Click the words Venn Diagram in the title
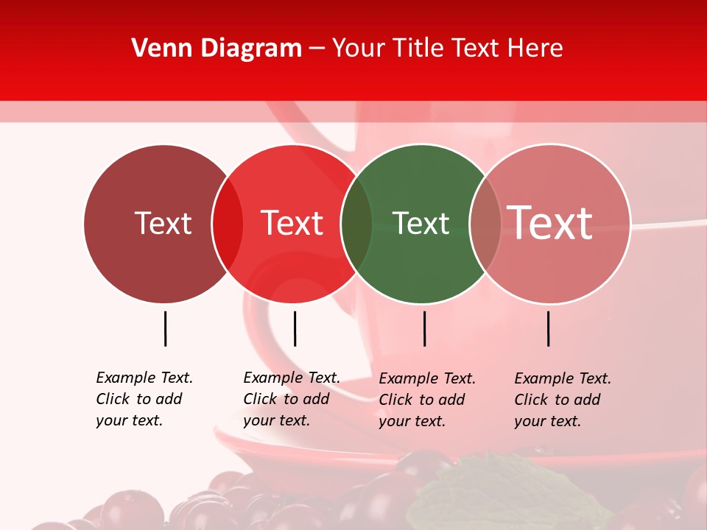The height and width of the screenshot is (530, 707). (x=217, y=49)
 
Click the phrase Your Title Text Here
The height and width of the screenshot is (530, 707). (x=447, y=49)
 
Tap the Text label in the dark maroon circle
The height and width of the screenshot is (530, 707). (x=163, y=223)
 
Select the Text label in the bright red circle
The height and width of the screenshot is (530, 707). (x=292, y=223)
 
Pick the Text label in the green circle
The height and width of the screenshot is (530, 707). (x=421, y=223)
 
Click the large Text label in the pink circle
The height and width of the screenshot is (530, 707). (x=550, y=222)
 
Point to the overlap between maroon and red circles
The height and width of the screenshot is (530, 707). (x=228, y=224)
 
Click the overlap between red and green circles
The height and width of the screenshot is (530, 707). (x=356, y=224)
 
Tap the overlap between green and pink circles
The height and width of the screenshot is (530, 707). (x=485, y=224)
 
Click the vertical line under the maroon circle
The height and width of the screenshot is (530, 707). (x=165, y=328)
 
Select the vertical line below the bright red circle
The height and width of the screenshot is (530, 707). (x=295, y=328)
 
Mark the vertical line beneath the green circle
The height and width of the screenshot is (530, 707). (x=424, y=328)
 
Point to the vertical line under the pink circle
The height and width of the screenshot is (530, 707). (x=548, y=328)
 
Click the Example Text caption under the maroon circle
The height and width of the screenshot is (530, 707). (x=144, y=399)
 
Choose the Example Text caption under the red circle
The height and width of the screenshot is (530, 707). (x=291, y=399)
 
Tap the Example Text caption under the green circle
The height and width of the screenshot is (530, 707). (x=426, y=400)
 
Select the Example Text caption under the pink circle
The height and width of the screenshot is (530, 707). (x=562, y=400)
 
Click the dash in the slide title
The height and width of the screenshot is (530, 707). (x=317, y=49)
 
